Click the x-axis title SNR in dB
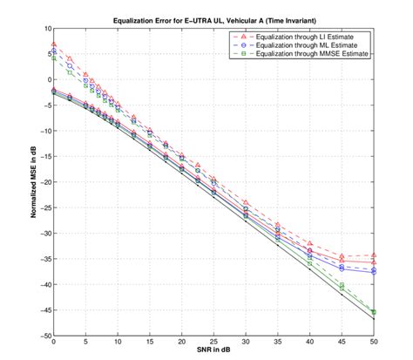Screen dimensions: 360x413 [x=214, y=354]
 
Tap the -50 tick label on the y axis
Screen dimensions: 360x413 [x=44, y=336]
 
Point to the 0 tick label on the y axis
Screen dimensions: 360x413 [x=47, y=79]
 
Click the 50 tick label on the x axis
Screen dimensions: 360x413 [x=374, y=343]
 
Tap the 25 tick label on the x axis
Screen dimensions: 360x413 [x=213, y=343]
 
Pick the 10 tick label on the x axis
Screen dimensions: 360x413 [x=118, y=343]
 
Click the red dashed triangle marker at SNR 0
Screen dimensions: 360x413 [x=54, y=44]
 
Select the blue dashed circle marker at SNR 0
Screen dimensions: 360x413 [x=54, y=51]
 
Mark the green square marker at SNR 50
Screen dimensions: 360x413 [x=374, y=311]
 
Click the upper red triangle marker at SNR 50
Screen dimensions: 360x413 [x=374, y=255]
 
